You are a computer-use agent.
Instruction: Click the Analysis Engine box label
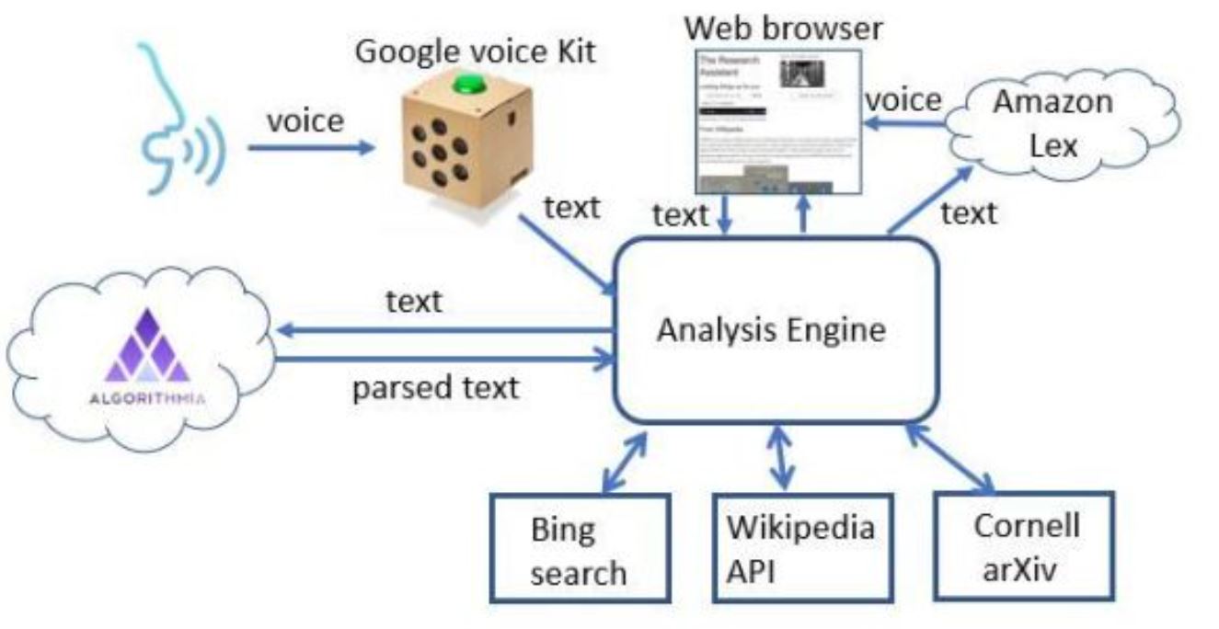tap(771, 330)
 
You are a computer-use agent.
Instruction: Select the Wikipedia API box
tap(800, 549)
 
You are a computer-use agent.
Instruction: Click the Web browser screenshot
tap(776, 121)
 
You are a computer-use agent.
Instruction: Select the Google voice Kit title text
tap(475, 50)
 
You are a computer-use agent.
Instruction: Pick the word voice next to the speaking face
tap(304, 120)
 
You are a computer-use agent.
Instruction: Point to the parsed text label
tap(436, 387)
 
